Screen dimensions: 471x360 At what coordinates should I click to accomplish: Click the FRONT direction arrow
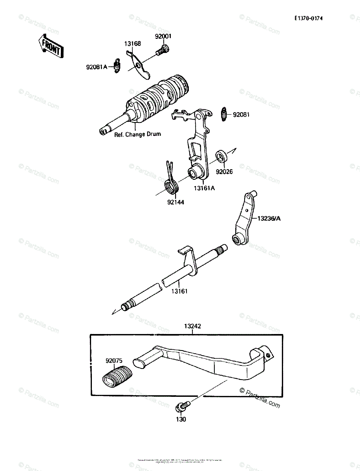click(x=50, y=46)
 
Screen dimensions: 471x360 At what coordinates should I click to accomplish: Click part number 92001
click(x=163, y=36)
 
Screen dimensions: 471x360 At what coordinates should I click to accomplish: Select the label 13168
click(x=133, y=44)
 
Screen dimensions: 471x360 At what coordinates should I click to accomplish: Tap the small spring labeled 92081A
click(x=116, y=65)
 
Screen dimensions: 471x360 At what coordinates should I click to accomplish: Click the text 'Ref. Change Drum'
click(x=137, y=134)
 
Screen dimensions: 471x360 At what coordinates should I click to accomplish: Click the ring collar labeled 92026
click(x=222, y=156)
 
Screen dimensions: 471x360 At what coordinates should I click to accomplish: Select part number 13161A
click(x=204, y=188)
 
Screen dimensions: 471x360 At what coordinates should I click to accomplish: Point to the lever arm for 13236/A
click(x=243, y=220)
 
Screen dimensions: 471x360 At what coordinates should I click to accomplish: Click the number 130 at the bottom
click(x=181, y=419)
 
